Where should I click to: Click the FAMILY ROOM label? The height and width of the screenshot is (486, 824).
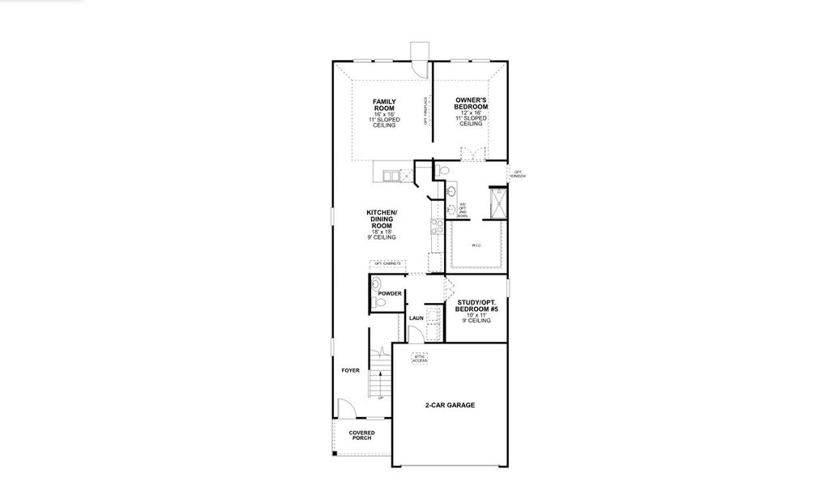[384, 105]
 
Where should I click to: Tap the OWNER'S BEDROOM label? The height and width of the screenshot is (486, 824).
[471, 105]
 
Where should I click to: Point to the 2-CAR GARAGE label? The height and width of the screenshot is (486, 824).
[450, 405]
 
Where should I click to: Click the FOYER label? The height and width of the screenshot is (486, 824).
[350, 370]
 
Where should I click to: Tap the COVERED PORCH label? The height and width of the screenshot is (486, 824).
[361, 436]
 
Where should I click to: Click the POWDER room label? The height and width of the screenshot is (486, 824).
[390, 293]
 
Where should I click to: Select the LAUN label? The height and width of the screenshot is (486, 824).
[416, 318]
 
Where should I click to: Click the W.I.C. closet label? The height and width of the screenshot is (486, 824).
[477, 245]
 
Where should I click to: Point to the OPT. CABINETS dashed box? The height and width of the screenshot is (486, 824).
[387, 264]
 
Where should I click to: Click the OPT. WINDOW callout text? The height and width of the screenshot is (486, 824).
[519, 174]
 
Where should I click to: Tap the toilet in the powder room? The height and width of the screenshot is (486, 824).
[377, 301]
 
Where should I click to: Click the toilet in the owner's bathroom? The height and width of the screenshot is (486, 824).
[441, 170]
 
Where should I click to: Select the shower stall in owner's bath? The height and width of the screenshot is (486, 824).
[500, 203]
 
